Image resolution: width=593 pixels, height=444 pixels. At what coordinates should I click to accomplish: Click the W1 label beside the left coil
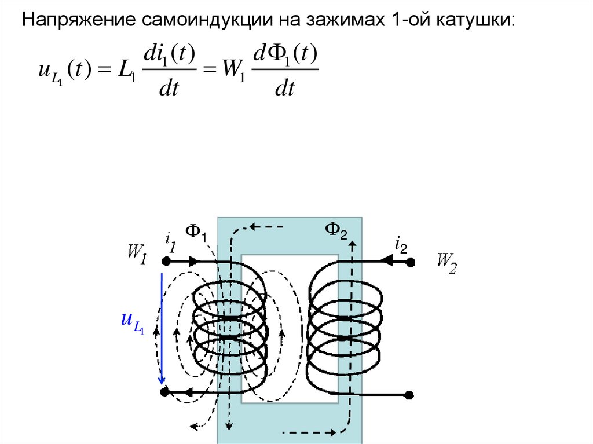click(x=137, y=254)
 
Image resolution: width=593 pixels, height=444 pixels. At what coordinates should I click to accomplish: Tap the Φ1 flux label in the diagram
click(x=196, y=233)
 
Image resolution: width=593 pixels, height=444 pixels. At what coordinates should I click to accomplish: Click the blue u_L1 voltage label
click(x=132, y=322)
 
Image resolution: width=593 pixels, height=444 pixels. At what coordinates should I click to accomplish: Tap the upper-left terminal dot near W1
click(x=164, y=262)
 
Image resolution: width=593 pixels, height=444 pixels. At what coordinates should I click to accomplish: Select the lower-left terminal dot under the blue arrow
click(x=164, y=392)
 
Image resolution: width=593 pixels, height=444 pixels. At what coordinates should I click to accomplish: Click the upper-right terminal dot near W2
click(x=411, y=262)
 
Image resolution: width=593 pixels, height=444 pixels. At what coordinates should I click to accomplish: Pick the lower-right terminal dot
click(x=409, y=395)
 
